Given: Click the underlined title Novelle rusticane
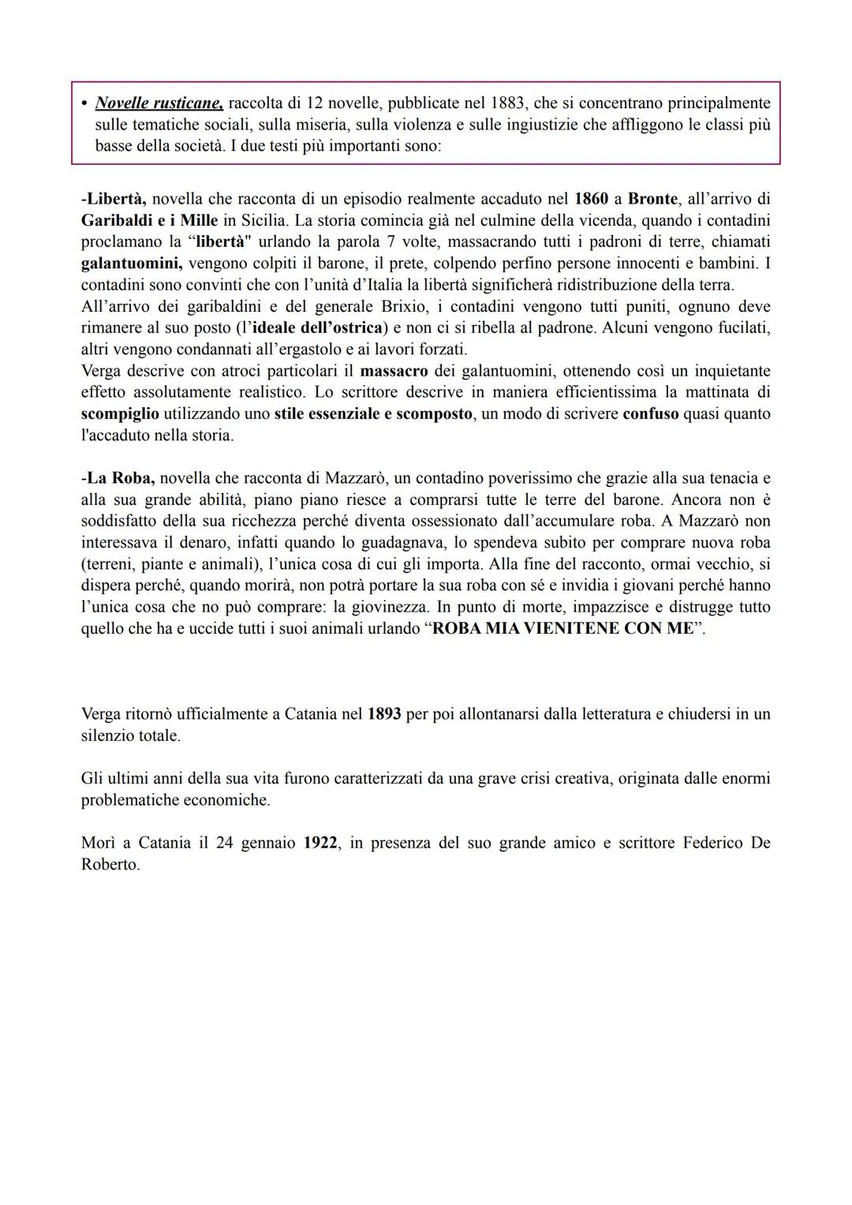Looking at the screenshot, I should click(x=159, y=103).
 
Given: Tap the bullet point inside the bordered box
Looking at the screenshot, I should click(x=84, y=103).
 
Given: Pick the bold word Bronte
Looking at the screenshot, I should click(x=652, y=199).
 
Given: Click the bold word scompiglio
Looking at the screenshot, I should click(x=120, y=414).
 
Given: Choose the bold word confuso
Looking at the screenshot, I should click(x=650, y=414).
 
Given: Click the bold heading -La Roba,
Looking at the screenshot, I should click(x=118, y=478).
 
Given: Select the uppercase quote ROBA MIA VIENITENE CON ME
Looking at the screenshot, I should click(x=563, y=629).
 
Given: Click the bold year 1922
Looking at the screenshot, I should click(x=322, y=843).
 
